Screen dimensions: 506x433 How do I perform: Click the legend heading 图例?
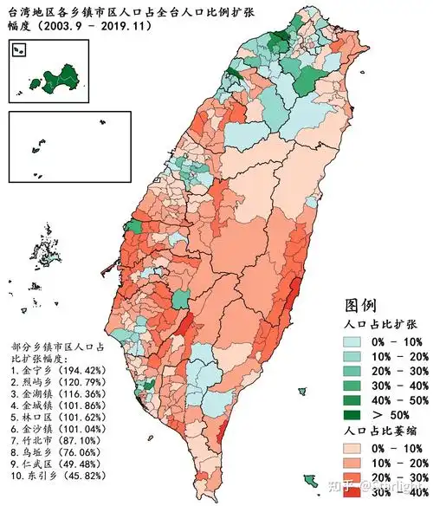click(x=359, y=305)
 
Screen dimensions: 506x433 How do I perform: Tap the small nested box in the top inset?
click(x=18, y=51)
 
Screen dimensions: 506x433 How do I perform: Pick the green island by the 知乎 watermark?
click(x=308, y=479)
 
